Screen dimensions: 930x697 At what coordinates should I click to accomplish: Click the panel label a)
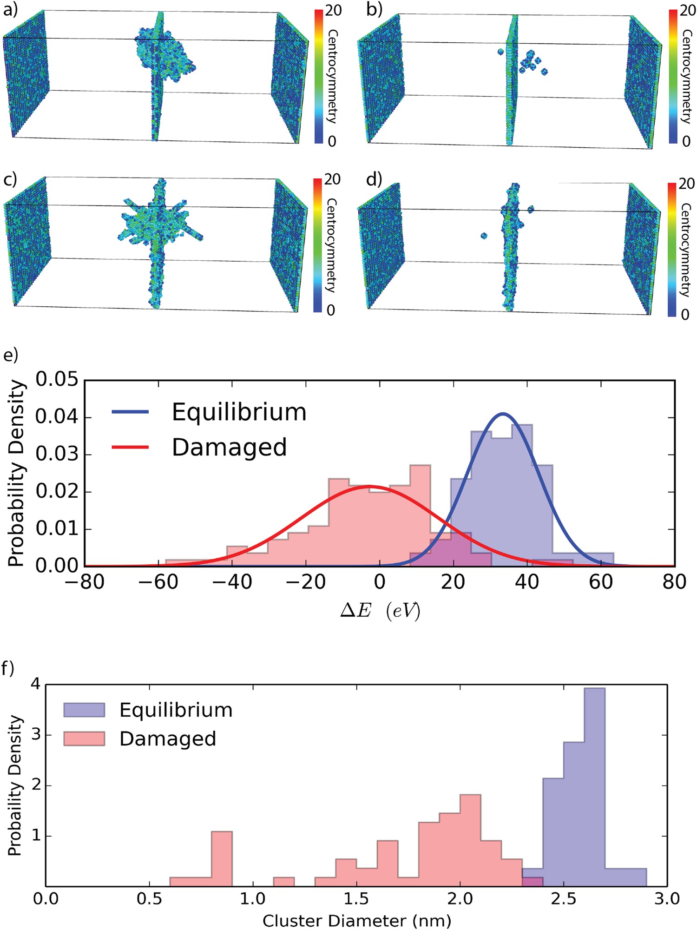[10, 10]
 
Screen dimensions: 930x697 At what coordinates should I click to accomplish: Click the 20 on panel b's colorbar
[688, 10]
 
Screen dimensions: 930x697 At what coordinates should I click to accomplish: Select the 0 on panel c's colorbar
[331, 310]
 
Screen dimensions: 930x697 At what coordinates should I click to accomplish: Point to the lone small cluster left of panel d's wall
[484, 236]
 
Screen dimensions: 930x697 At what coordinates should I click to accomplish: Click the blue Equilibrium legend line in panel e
[130, 412]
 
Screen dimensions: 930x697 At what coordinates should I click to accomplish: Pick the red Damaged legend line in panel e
[130, 447]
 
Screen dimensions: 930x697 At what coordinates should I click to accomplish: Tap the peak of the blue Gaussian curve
[503, 413]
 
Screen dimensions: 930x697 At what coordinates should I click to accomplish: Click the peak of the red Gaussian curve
[369, 486]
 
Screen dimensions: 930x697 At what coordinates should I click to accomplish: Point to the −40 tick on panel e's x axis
[232, 582]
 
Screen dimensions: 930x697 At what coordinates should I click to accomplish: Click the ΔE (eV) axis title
[380, 611]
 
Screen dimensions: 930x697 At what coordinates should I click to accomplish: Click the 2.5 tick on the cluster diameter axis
[563, 899]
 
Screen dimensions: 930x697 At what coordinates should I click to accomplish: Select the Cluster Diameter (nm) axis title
[356, 920]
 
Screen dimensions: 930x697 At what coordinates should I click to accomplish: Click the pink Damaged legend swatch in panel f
[84, 739]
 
